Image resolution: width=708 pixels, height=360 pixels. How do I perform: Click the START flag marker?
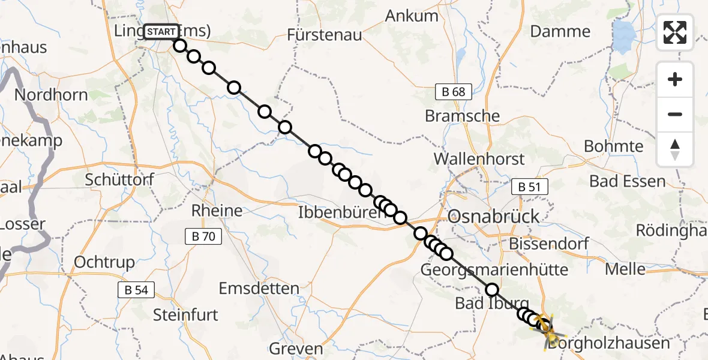tap(161, 32)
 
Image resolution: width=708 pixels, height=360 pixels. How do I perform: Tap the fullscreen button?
tap(675, 32)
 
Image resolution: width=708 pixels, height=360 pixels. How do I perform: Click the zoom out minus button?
tap(675, 114)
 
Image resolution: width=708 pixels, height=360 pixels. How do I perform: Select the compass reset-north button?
tap(675, 149)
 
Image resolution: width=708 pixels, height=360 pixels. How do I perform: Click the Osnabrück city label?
tap(494, 217)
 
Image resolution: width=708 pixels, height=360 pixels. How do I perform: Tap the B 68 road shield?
tap(454, 92)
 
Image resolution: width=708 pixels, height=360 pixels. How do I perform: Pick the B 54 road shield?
tap(136, 290)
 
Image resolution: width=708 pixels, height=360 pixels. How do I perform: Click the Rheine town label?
tap(217, 211)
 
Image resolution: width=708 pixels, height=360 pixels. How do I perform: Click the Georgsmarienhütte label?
tap(494, 269)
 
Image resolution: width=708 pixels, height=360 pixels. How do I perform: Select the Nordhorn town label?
tap(51, 95)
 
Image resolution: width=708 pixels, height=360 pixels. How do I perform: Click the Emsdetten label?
tap(259, 289)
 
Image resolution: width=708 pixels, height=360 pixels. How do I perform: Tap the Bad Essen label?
tap(628, 181)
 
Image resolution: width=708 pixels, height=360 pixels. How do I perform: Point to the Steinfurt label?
tap(185, 314)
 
